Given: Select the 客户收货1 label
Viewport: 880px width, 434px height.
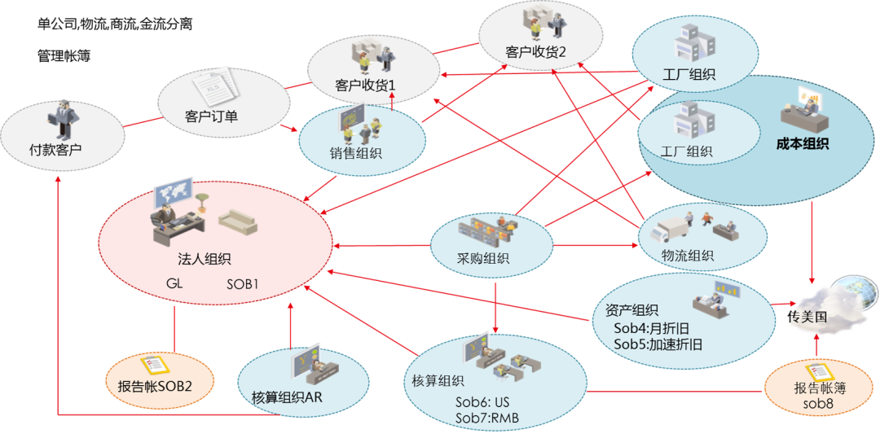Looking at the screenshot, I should click(x=365, y=85).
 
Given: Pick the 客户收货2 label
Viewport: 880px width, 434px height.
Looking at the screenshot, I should click(x=536, y=52).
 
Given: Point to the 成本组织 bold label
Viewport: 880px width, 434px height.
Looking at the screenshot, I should click(x=803, y=144).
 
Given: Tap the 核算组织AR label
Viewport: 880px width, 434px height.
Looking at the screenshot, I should click(x=293, y=397).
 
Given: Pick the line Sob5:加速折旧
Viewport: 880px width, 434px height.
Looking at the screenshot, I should click(x=658, y=344).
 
